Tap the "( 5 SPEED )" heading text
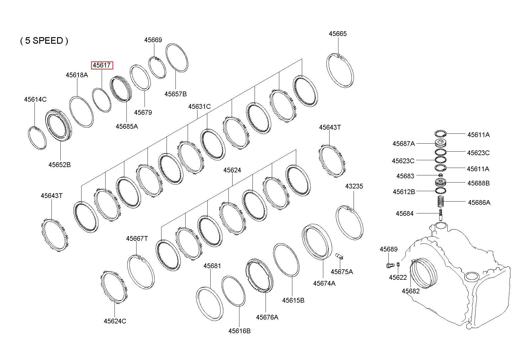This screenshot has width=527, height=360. pyautogui.click(x=44, y=40)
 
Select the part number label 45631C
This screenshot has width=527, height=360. pyautogui.click(x=199, y=106)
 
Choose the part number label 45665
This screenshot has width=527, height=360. pyautogui.click(x=338, y=34)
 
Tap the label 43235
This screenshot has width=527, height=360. pyautogui.click(x=354, y=186)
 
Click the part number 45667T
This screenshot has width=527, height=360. pyautogui.click(x=137, y=238)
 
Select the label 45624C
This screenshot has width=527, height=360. pyautogui.click(x=115, y=321)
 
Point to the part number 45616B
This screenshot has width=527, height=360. pyautogui.click(x=239, y=331)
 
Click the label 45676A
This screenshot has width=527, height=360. pyautogui.click(x=267, y=317)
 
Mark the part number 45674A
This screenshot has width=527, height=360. pyautogui.click(x=324, y=283)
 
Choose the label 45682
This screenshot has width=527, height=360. pyautogui.click(x=411, y=291)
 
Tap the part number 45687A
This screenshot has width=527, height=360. pyautogui.click(x=403, y=144)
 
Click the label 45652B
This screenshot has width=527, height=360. pyautogui.click(x=59, y=164)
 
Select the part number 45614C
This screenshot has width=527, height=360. pyautogui.click(x=35, y=99)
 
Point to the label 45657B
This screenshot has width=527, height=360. pyautogui.click(x=175, y=94)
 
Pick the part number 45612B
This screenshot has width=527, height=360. pyautogui.click(x=404, y=192)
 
